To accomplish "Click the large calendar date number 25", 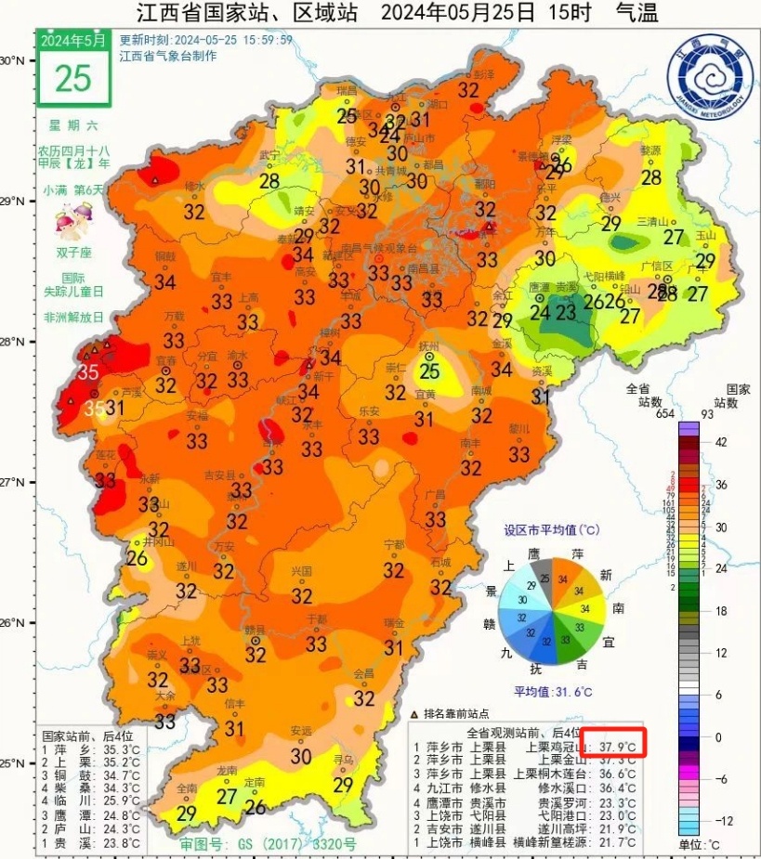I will pos(73,78).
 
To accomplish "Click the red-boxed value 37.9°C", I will pos(613,746).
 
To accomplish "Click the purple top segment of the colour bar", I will pos(688,428).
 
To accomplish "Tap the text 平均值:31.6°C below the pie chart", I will pos(554,692).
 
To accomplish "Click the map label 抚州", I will pos(428,346).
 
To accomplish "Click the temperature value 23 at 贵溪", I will pos(565,313).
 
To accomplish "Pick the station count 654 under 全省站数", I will pos(638,413).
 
